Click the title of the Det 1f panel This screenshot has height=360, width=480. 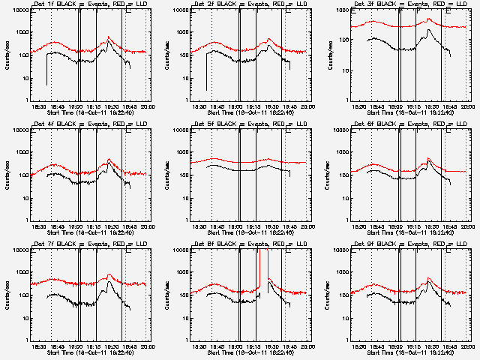[82, 4]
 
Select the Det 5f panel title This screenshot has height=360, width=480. [243, 124]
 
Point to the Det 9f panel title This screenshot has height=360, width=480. [403, 244]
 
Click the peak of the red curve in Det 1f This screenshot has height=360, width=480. [109, 36]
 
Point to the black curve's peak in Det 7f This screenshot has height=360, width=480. [109, 281]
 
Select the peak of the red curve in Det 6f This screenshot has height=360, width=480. [428, 158]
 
